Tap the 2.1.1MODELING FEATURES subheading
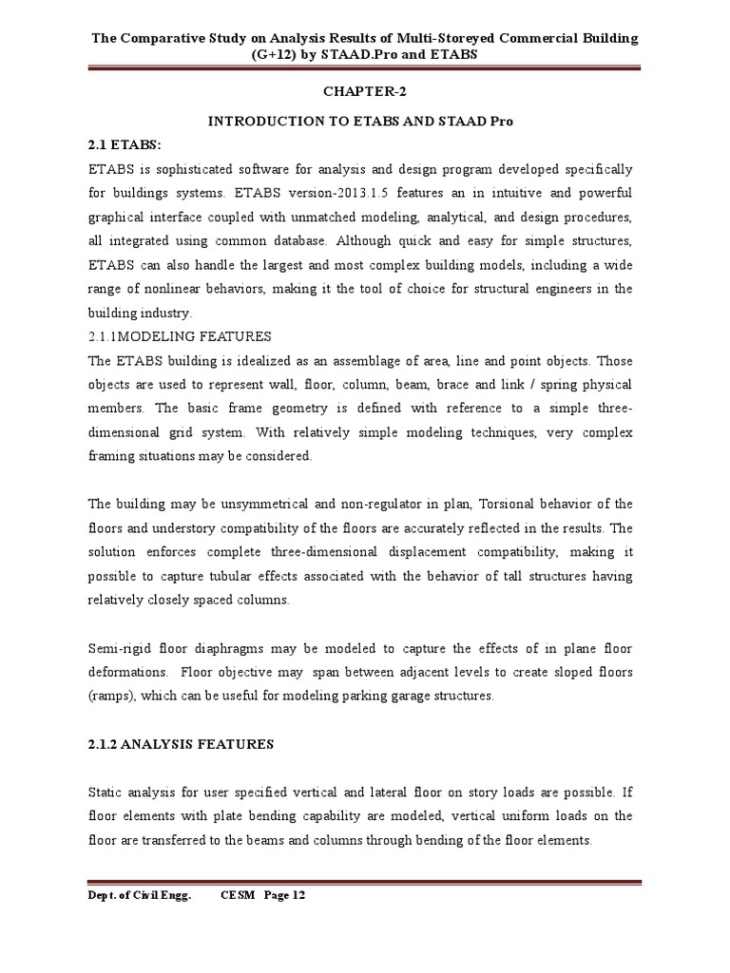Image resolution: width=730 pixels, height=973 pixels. [180, 336]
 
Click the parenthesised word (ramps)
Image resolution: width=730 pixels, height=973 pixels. [112, 696]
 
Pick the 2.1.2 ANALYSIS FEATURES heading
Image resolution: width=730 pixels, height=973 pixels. [181, 745]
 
